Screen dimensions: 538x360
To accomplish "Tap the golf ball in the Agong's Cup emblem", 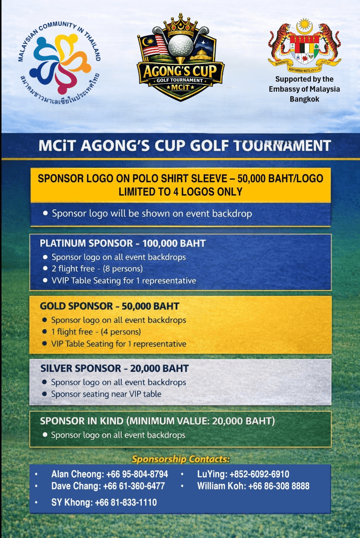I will [180, 46].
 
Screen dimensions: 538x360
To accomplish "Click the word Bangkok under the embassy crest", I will [304, 99].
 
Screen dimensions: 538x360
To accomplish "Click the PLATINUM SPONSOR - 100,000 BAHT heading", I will [122, 244].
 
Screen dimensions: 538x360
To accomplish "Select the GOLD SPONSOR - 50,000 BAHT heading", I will [110, 306].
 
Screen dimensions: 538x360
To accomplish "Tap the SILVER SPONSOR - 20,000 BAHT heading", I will [115, 369].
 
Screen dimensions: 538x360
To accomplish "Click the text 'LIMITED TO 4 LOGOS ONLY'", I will [180, 192].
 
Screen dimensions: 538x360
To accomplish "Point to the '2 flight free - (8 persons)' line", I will [97, 269].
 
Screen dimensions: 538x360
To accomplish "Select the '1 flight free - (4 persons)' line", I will [96, 331].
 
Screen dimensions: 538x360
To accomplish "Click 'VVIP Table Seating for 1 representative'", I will [123, 280].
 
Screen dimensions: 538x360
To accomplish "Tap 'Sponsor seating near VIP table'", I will [106, 394].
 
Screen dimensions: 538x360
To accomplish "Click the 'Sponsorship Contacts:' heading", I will [180, 459].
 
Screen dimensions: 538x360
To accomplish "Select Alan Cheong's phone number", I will [137, 474].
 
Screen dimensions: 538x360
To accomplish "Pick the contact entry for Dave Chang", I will [108, 486].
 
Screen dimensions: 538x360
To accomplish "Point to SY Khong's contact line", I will [104, 503].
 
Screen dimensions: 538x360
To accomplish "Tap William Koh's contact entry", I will [253, 486].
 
